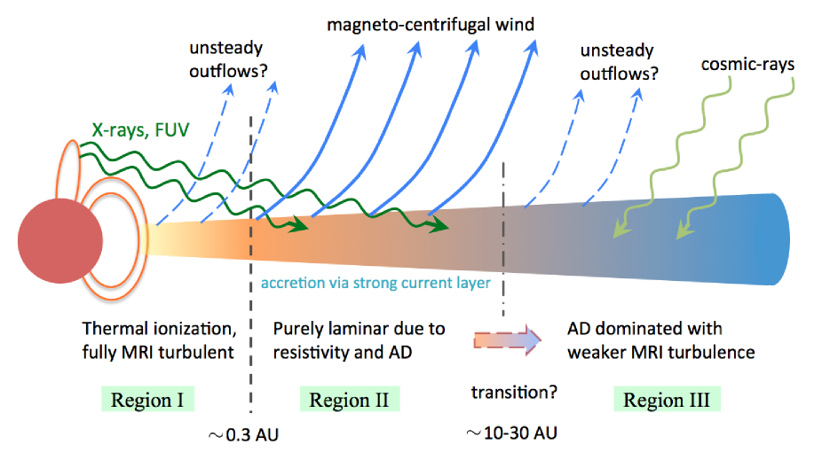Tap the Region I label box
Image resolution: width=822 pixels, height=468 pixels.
pos(146,399)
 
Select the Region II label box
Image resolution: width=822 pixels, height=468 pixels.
pos(351,399)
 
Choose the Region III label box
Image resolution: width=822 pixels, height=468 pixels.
pos(666,399)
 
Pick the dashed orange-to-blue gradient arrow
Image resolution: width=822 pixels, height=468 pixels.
pos(507,341)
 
